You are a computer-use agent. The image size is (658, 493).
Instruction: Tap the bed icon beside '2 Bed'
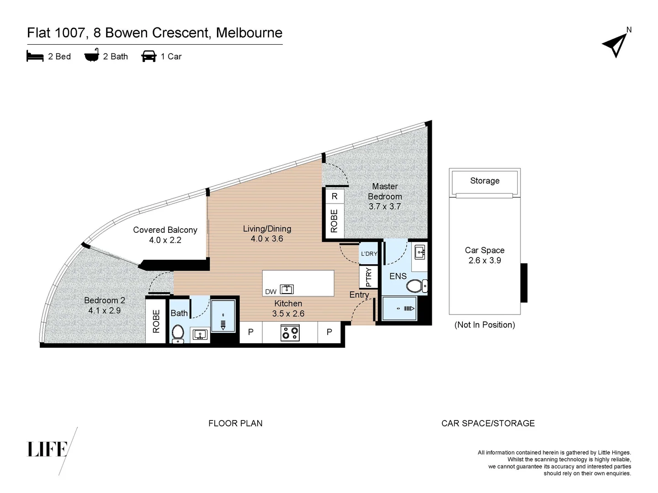click(x=35, y=56)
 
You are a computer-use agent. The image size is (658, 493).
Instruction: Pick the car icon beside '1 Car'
click(x=149, y=56)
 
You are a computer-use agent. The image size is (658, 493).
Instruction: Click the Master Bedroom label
click(x=385, y=192)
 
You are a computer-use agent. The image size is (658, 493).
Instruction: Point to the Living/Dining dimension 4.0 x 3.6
click(x=267, y=239)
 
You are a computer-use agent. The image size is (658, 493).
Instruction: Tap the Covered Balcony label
click(x=165, y=230)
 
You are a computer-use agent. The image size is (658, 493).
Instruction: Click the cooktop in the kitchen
click(x=290, y=333)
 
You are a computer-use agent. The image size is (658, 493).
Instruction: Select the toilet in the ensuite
click(x=415, y=286)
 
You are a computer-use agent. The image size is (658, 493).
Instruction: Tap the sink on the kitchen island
click(x=287, y=289)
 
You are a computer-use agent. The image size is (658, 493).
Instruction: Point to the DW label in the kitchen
click(x=271, y=292)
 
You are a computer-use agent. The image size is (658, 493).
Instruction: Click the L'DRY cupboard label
click(x=369, y=254)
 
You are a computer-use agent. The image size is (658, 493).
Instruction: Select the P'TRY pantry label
click(x=369, y=277)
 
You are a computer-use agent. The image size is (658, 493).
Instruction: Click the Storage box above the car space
click(x=484, y=181)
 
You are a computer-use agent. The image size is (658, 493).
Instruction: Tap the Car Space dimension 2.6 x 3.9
click(x=484, y=261)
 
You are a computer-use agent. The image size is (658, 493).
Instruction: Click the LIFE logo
click(x=48, y=449)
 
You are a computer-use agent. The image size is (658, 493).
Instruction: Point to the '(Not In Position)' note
click(x=484, y=325)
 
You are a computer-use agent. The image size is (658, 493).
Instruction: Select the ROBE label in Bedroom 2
click(x=156, y=321)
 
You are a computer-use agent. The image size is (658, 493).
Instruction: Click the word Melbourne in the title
click(x=249, y=33)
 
